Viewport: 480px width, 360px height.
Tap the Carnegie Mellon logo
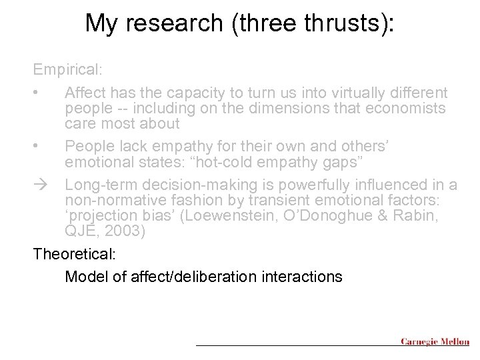click(435, 341)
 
